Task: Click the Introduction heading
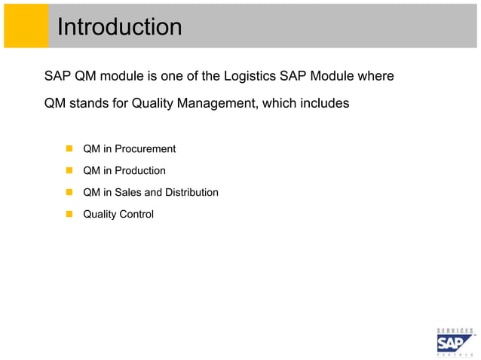click(x=120, y=27)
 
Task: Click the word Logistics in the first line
click(x=251, y=76)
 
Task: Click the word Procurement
click(x=145, y=149)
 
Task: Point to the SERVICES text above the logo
click(x=455, y=330)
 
